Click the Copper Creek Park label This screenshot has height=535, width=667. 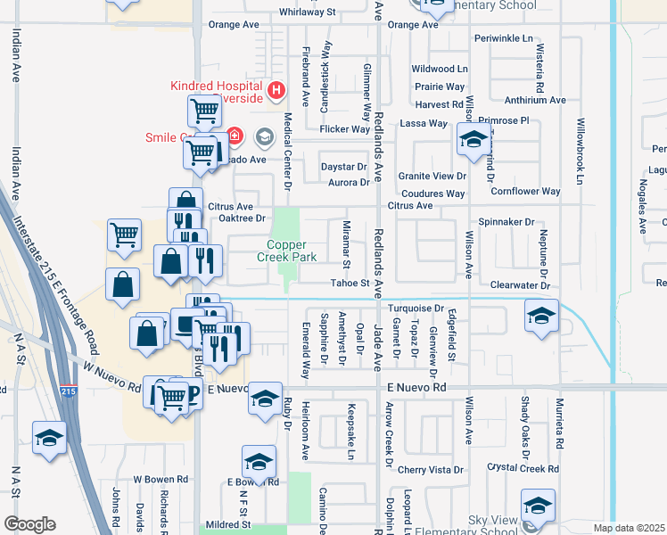(292, 251)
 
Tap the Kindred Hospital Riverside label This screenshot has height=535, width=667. (218, 92)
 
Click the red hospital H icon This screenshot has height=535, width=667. (276, 90)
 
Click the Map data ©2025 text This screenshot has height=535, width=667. (629, 528)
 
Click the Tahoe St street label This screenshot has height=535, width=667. (350, 284)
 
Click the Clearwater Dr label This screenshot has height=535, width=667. (522, 285)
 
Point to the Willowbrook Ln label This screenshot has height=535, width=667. (580, 152)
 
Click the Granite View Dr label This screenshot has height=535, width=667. (432, 177)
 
